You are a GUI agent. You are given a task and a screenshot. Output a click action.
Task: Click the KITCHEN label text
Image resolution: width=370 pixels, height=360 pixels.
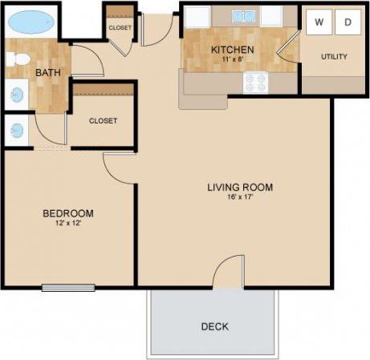coord(233,50)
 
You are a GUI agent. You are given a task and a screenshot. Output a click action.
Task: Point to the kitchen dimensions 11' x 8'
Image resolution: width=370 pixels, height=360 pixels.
coord(233,59)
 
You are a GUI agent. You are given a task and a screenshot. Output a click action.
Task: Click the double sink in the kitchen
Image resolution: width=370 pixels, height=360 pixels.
coord(242,16)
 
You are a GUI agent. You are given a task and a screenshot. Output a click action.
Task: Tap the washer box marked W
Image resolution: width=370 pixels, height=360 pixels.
coord(319,22)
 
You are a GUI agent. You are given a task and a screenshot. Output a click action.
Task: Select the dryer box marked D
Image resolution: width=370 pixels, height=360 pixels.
coord(348,22)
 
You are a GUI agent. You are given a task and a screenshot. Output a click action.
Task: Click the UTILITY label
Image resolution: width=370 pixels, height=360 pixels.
coord(333,57)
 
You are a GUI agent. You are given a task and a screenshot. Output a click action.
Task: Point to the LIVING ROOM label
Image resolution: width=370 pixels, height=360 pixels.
coord(240,188)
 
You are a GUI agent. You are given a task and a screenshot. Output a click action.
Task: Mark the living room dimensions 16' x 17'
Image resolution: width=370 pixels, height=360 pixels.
coord(240,198)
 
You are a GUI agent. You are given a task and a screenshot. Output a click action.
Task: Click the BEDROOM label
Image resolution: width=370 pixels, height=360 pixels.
coord(68,213)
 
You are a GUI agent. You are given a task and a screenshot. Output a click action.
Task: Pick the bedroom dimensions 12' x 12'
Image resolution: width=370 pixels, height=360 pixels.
coord(68,224)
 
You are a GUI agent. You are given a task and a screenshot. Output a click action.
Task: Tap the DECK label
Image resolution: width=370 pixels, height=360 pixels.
coord(215,326)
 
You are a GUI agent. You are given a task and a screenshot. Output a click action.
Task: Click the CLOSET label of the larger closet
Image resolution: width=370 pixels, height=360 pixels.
coord(103,121)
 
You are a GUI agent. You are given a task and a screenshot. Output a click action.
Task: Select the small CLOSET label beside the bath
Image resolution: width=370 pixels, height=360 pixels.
coord(120,28)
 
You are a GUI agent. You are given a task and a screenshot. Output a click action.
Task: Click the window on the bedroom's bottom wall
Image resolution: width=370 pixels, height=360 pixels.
coord(68,287)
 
